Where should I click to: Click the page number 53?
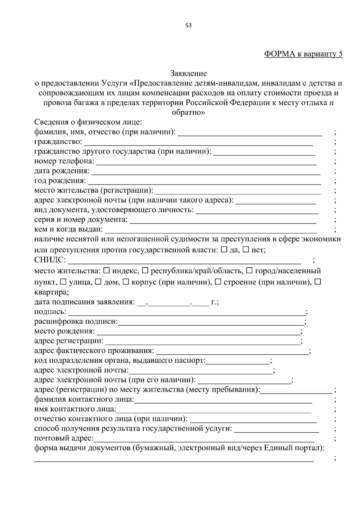tap(188, 25)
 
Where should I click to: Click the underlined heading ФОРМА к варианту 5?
tap(303, 54)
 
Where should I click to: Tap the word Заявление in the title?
tap(188, 73)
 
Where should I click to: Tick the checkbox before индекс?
tap(106, 271)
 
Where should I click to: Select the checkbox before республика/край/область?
tap(145, 271)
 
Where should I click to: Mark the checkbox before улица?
tap(63, 282)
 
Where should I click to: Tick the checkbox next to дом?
tap(98, 282)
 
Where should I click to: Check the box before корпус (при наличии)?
tap(126, 282)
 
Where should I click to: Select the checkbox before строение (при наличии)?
tap(218, 282)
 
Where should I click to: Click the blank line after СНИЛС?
tap(184, 260)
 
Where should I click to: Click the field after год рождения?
tap(204, 181)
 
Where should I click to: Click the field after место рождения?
tap(198, 332)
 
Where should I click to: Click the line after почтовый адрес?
tap(204, 439)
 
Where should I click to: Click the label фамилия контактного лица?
tap(84, 400)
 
